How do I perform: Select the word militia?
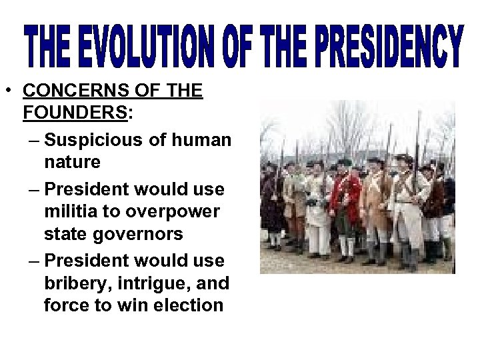[x=71, y=210]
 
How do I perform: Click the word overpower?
[x=172, y=210]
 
